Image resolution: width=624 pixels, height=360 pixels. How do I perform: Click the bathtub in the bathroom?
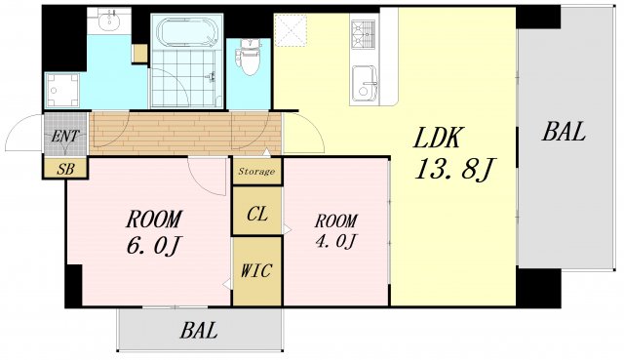pyautogui.click(x=186, y=32)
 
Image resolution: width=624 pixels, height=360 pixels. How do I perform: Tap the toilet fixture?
pyautogui.click(x=249, y=58)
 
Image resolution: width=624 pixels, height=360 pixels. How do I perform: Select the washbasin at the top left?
pyautogui.click(x=108, y=20)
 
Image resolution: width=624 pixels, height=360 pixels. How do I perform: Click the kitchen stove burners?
pyautogui.click(x=364, y=34)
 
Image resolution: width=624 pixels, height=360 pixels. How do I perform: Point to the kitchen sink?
pyautogui.click(x=364, y=83)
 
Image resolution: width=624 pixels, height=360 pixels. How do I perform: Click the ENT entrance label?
pyautogui.click(x=65, y=137)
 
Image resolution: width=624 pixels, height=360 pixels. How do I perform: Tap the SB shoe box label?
pyautogui.click(x=65, y=169)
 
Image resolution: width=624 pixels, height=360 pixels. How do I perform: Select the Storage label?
pyautogui.click(x=256, y=172)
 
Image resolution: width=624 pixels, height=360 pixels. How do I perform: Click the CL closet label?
pyautogui.click(x=257, y=215)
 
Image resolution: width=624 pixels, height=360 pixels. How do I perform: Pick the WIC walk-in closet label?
pyautogui.click(x=256, y=271)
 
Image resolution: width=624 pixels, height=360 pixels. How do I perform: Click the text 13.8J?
pyautogui.click(x=453, y=169)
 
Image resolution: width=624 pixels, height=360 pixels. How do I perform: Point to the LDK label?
pyautogui.click(x=438, y=138)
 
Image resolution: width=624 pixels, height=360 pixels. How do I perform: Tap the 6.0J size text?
pyautogui.click(x=154, y=245)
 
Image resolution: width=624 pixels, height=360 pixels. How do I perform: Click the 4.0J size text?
pyautogui.click(x=335, y=241)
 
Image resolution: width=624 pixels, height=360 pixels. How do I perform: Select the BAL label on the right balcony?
pyautogui.click(x=564, y=132)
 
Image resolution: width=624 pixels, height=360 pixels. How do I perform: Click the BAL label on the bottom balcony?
pyautogui.click(x=199, y=330)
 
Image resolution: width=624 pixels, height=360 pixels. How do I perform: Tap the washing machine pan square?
pyautogui.click(x=62, y=91)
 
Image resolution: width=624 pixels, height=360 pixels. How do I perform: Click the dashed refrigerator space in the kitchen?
pyautogui.click(x=291, y=30)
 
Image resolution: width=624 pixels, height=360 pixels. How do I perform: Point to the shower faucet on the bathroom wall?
pyautogui.click(x=213, y=77)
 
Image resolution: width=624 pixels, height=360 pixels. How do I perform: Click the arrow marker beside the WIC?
pyautogui.click(x=226, y=284)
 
